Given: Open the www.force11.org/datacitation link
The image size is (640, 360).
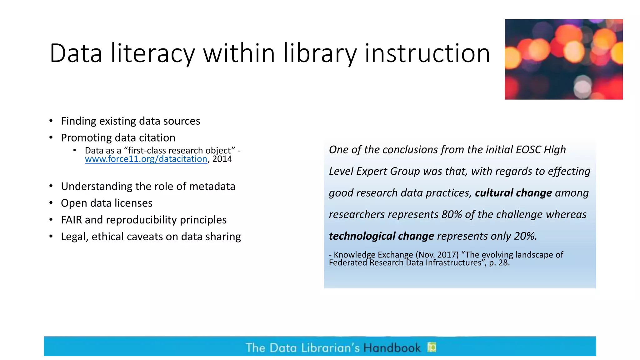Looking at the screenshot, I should click(146, 159).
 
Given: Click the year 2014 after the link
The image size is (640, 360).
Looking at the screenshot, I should click(222, 159).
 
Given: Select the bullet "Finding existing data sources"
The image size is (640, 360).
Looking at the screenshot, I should click(130, 121).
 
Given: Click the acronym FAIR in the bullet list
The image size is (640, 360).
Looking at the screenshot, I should click(71, 220).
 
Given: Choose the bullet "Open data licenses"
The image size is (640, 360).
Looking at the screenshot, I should click(107, 203).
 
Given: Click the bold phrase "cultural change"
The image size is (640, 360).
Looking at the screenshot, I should click(513, 193).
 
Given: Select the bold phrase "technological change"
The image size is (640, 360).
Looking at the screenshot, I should click(381, 236).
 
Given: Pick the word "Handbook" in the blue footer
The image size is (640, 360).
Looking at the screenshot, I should click(392, 348).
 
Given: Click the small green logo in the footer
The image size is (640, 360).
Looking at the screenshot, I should click(432, 347).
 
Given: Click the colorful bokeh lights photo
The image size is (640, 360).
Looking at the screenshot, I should click(563, 59).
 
